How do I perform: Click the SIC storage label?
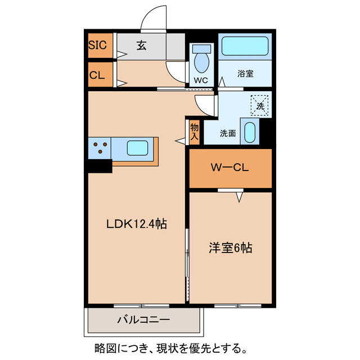click(97, 46)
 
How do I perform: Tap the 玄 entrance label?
click(141, 46)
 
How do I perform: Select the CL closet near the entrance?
click(97, 75)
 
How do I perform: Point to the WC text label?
click(201, 80)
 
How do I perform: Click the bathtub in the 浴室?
click(244, 46)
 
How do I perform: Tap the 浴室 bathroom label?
click(245, 73)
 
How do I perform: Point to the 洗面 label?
click(227, 133)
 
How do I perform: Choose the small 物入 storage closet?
click(194, 132)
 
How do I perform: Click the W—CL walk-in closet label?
click(229, 168)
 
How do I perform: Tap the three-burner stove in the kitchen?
click(100, 148)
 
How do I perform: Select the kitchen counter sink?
click(138, 148)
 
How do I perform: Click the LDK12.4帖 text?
click(137, 224)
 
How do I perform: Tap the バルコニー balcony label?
click(143, 321)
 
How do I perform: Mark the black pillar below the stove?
click(100, 166)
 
